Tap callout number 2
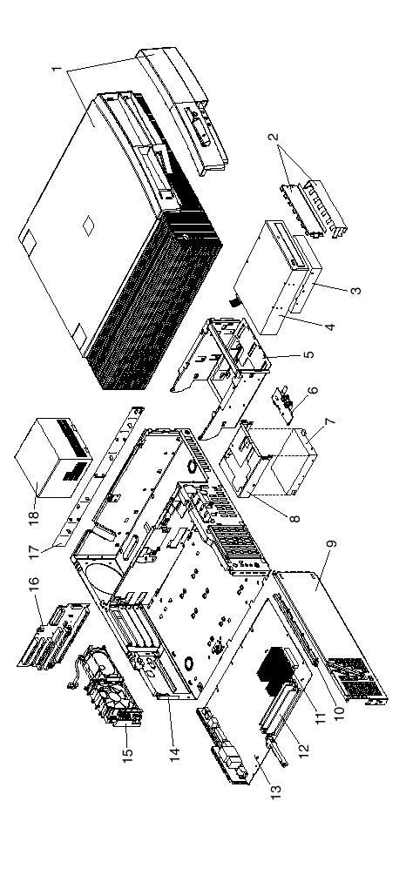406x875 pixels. pos(276,136)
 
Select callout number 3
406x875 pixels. pos(356,290)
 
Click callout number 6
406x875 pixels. pos(314,389)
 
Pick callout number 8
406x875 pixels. pos(295,518)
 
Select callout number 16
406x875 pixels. pos(34,584)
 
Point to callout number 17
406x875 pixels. pos(34,551)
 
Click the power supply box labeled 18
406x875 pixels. pos(54,459)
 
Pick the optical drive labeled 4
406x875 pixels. pos(274,279)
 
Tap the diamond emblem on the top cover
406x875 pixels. pos(88,226)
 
